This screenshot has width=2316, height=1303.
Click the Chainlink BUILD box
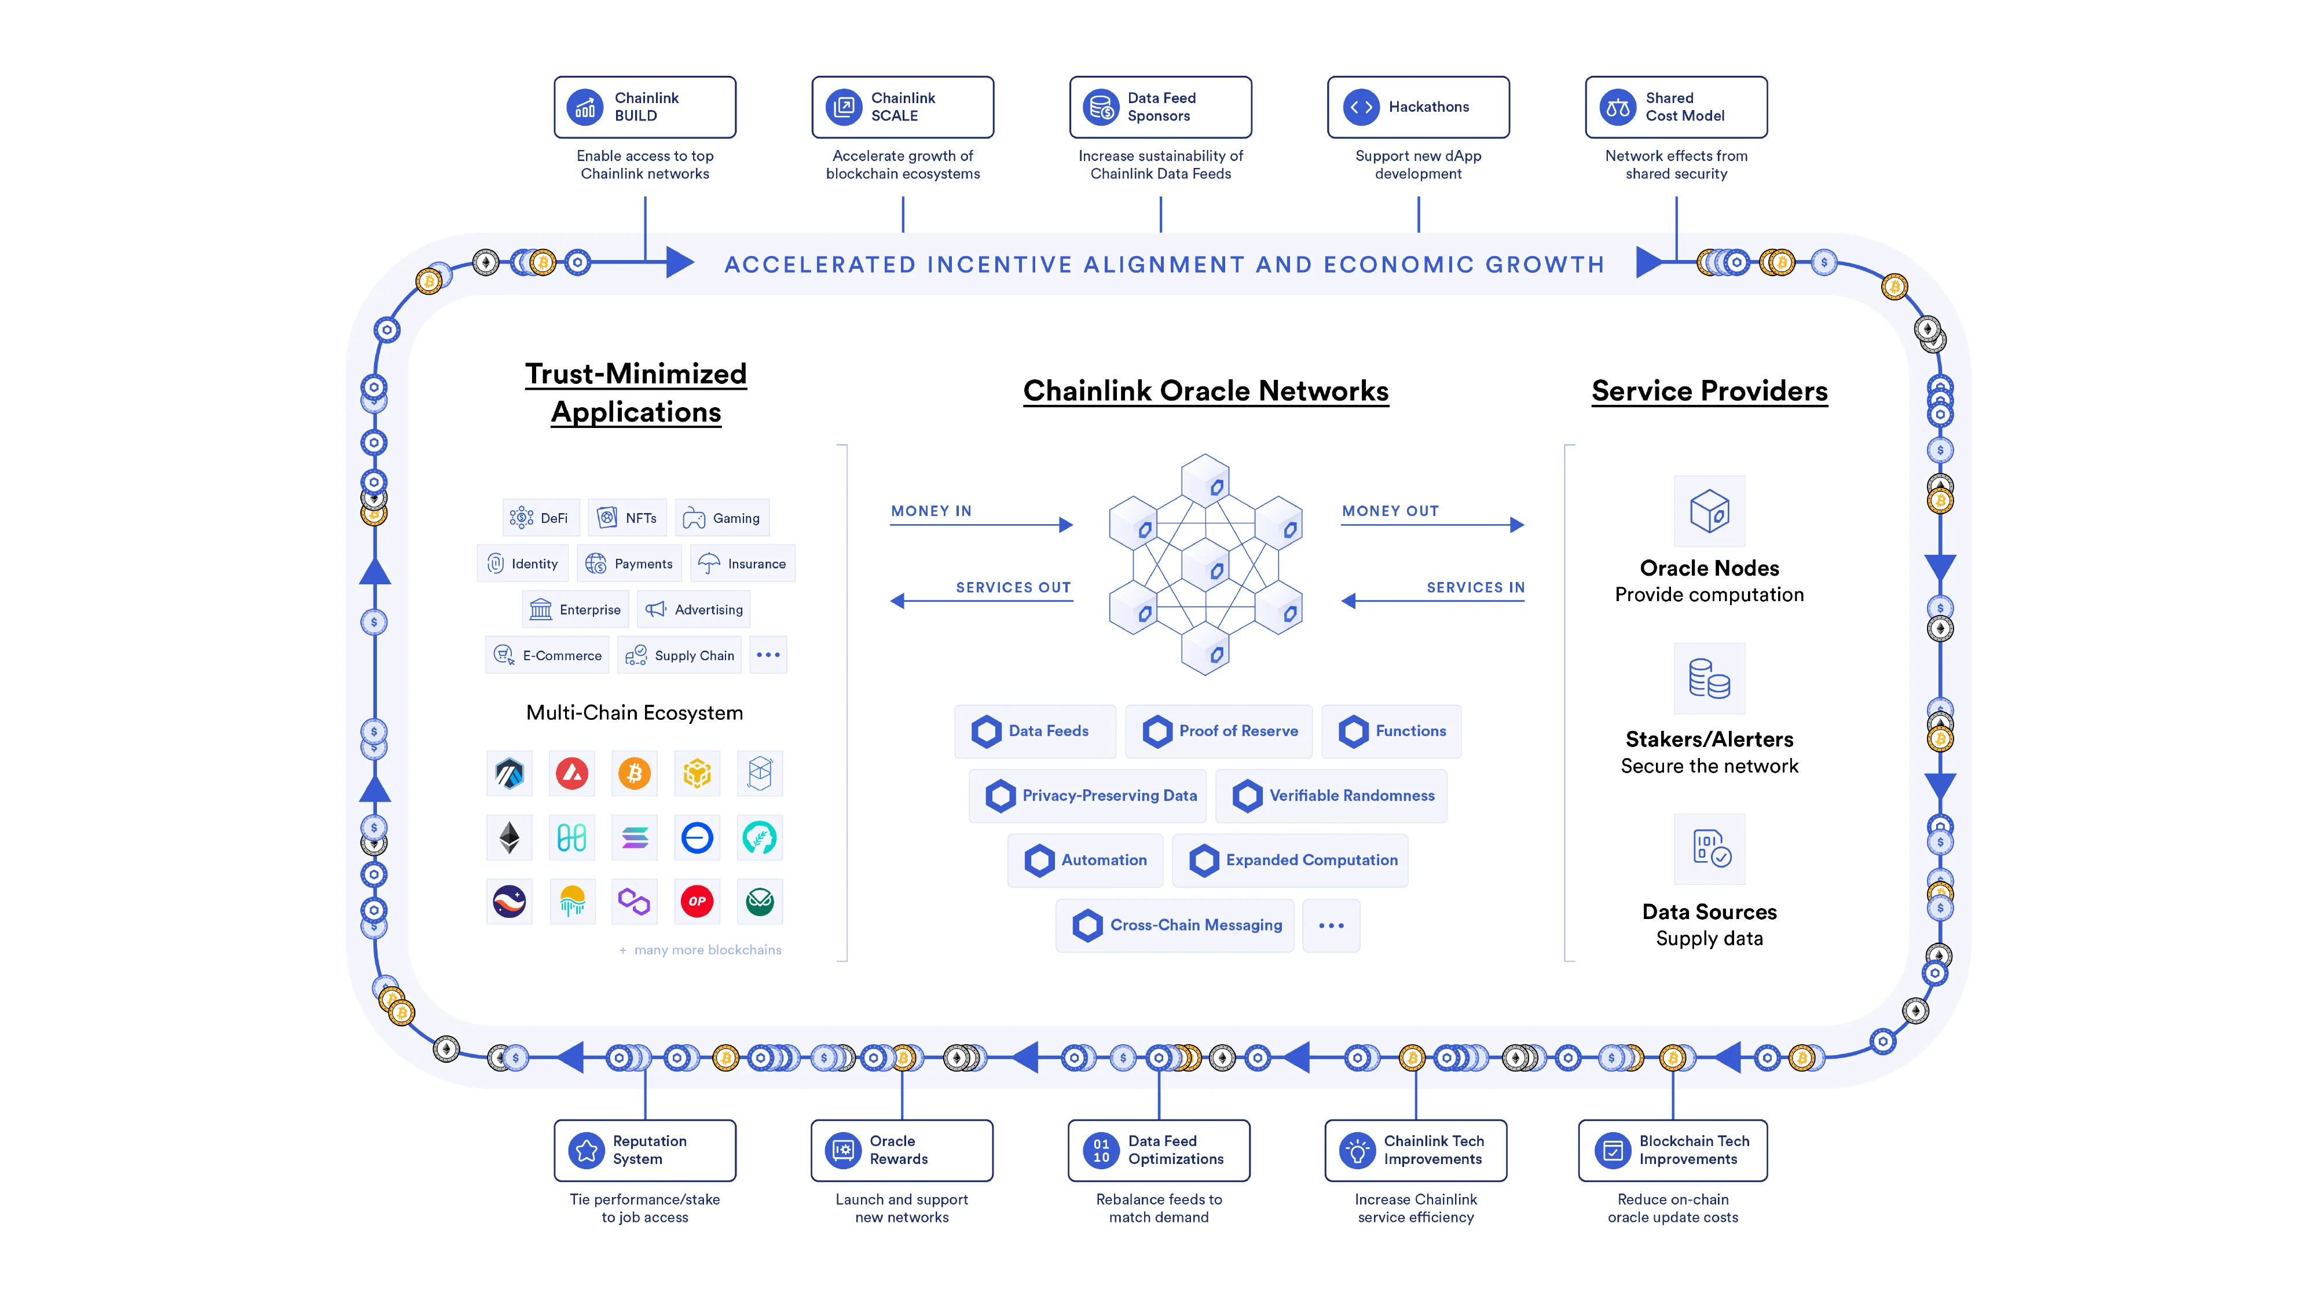click(x=644, y=107)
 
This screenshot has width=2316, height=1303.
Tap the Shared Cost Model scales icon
click(x=1617, y=108)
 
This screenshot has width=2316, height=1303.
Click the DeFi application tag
click(x=540, y=518)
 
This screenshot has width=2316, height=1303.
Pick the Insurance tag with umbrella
click(x=743, y=564)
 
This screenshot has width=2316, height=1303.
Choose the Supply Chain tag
click(x=680, y=656)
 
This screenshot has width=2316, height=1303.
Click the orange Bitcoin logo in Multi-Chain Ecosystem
click(x=635, y=773)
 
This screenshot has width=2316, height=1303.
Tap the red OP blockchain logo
click(x=697, y=901)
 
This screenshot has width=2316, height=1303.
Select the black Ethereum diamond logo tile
click(x=510, y=838)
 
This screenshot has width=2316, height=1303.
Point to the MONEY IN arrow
click(x=981, y=524)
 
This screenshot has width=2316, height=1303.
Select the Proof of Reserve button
click(x=1219, y=731)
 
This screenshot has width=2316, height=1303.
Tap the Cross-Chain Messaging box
click(x=1175, y=925)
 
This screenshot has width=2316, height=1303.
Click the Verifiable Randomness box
click(x=1332, y=796)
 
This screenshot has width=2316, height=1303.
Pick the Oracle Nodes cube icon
click(x=1709, y=512)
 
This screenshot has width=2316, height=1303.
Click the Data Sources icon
click(x=1709, y=849)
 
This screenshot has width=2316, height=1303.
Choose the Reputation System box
click(x=644, y=1150)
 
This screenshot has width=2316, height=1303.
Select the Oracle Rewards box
click(x=902, y=1150)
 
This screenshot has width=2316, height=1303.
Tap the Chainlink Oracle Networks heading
click(x=1205, y=391)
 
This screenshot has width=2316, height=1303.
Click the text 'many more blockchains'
click(x=708, y=950)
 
